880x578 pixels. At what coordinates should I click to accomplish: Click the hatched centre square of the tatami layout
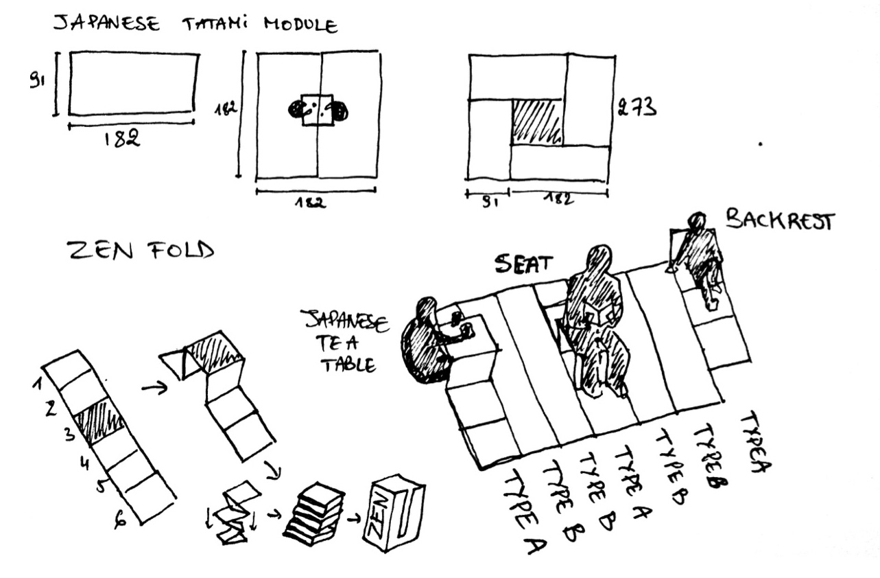pos(537,122)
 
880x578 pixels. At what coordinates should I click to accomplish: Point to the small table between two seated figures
pos(318,110)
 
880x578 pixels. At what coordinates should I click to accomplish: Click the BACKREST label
pos(780,221)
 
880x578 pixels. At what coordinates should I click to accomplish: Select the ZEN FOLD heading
pos(139,252)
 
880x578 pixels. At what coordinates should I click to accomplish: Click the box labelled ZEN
pos(394,516)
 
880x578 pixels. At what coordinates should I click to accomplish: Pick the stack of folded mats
pos(313,514)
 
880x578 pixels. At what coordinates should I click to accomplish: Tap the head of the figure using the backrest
pos(697,221)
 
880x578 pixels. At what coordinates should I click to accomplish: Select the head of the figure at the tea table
pos(426,308)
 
